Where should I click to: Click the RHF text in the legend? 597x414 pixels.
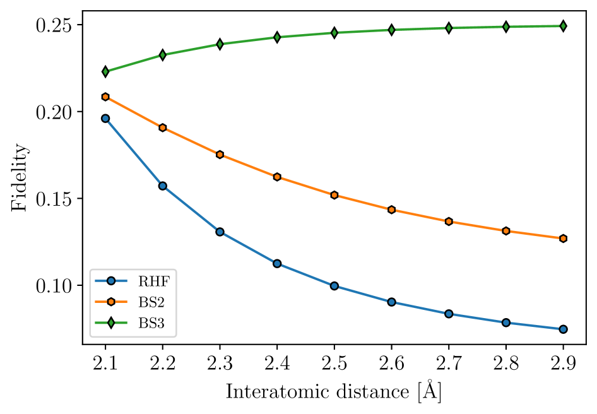click(153, 281)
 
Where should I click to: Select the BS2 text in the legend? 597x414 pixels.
click(151, 302)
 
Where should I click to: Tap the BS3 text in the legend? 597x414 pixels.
click(151, 324)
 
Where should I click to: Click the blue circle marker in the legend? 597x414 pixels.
click(111, 281)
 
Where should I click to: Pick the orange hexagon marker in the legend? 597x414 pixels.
click(111, 302)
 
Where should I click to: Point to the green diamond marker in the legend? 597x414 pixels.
click(111, 323)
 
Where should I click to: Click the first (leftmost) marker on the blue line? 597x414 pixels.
click(105, 118)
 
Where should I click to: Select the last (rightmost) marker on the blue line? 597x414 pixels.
click(563, 329)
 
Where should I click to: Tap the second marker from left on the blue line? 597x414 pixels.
click(163, 186)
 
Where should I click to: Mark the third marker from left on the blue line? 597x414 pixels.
click(220, 232)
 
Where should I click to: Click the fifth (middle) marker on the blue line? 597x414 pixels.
click(334, 286)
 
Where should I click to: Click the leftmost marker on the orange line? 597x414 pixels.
click(105, 97)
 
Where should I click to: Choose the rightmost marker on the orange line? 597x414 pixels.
click(563, 239)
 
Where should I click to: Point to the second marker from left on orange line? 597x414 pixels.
click(163, 127)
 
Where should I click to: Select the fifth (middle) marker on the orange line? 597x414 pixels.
click(334, 195)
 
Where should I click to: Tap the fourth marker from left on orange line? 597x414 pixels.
click(277, 177)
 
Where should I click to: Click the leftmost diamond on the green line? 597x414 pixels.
click(105, 71)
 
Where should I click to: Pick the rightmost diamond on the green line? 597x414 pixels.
click(563, 26)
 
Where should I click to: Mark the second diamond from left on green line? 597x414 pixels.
click(163, 55)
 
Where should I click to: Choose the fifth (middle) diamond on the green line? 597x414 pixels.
click(334, 33)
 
